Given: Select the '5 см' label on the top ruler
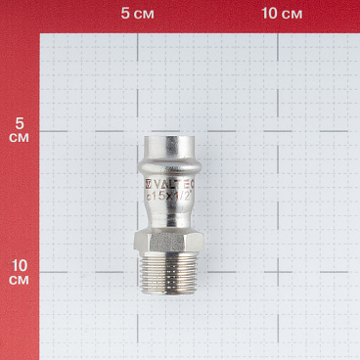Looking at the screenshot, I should click(139, 15).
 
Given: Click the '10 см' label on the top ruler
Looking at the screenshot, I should click(281, 15).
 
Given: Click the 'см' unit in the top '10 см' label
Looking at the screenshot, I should click(292, 15).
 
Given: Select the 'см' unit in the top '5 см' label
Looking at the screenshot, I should click(146, 15).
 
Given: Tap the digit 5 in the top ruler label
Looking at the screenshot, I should click(126, 15).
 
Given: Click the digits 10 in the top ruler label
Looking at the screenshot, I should click(267, 15).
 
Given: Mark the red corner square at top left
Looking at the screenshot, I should click(19, 16).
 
